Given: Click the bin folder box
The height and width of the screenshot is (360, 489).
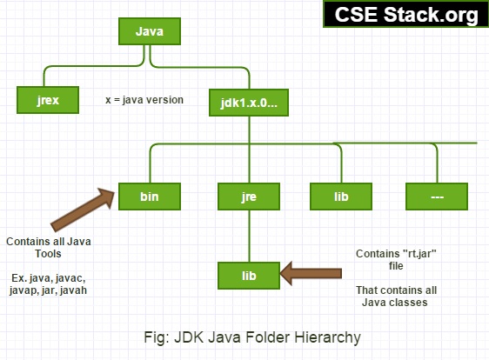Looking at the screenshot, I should pos(150,197).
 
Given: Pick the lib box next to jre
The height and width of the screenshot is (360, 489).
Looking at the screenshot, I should pos(341,197).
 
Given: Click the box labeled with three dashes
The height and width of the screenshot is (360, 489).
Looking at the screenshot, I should pos(438,197).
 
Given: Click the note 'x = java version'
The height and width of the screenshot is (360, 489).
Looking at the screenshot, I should pos(144,99).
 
